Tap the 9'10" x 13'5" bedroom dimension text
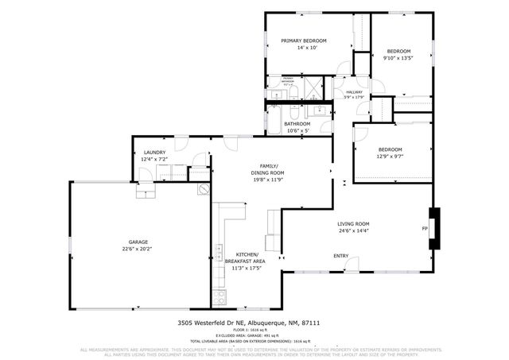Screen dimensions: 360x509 pos(398,57)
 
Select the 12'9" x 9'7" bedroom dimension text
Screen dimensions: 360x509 pos(390,156)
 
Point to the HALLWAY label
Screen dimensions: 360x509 pos(354,92)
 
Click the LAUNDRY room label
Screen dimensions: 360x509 pos(153,153)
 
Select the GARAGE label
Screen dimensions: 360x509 pos(139,242)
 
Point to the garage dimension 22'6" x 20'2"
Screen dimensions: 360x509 pos(139,249)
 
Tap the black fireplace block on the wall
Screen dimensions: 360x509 pos(433,229)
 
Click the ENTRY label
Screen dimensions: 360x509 pos(340,256)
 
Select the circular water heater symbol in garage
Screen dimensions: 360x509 pos(204,189)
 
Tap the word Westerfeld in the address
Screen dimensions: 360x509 pos(212,323)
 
